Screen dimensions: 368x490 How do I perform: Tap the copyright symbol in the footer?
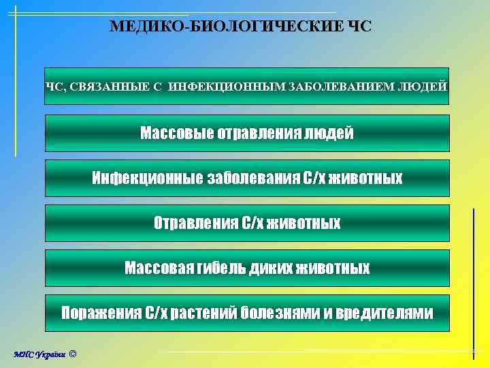[73, 354]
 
